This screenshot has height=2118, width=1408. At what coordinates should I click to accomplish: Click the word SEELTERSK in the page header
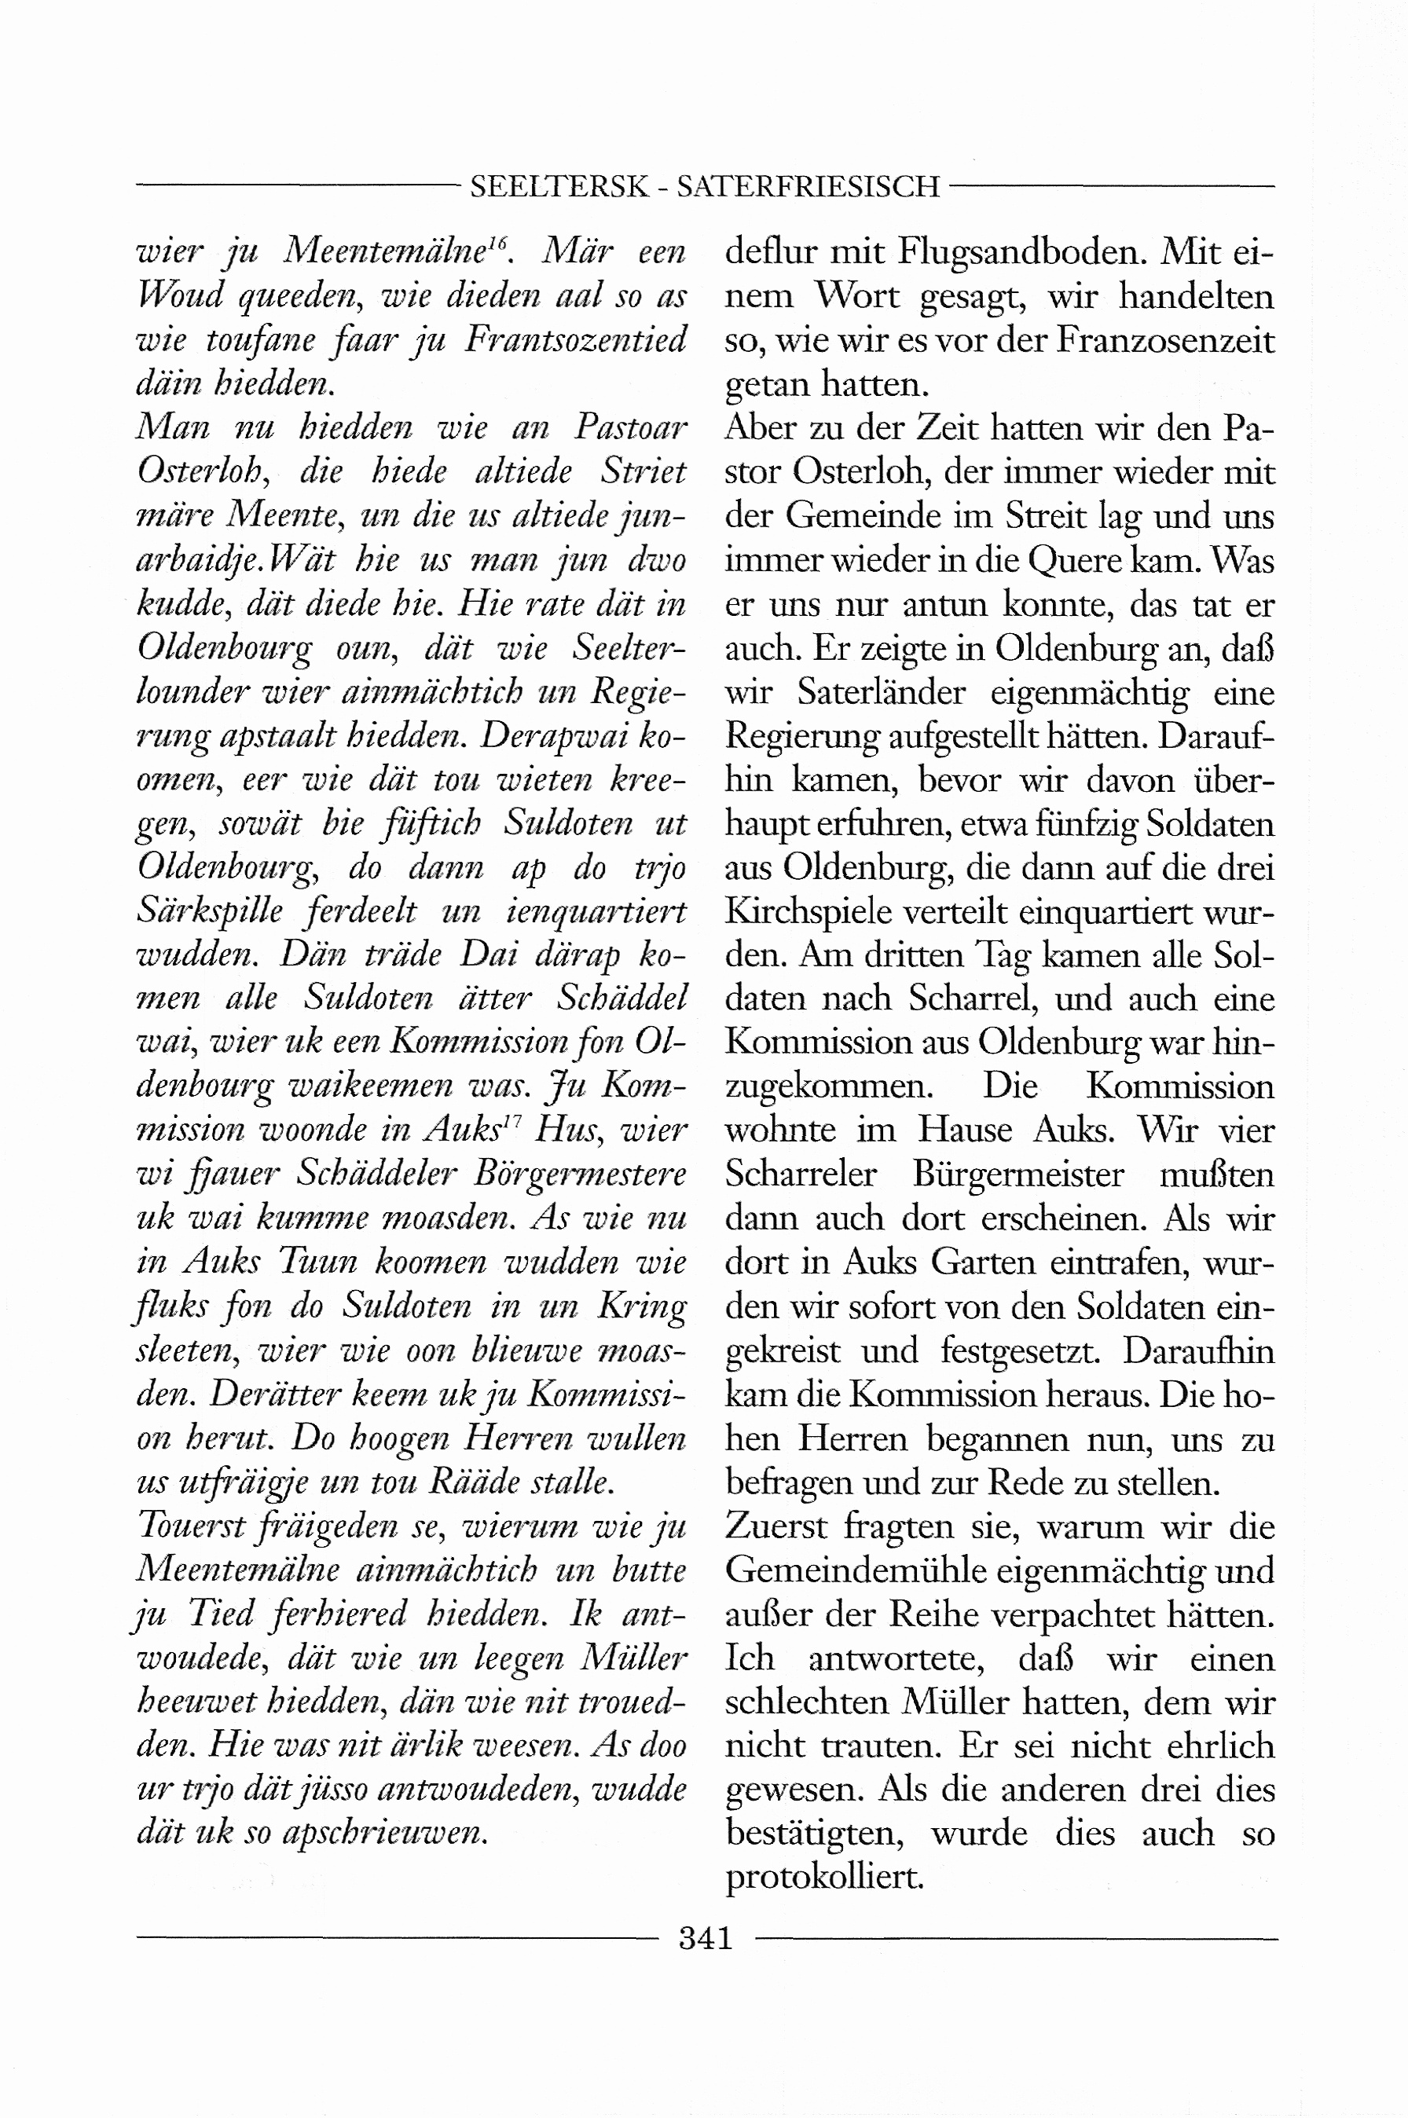[x=558, y=187]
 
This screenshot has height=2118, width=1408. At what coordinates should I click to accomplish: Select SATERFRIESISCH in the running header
[x=808, y=187]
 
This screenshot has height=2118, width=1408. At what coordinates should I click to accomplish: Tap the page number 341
[x=706, y=1938]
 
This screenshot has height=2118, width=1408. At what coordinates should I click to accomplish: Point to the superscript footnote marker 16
[x=498, y=240]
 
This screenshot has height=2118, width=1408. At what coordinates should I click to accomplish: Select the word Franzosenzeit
[x=1165, y=340]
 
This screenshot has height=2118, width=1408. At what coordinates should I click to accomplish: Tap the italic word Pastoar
[x=630, y=428]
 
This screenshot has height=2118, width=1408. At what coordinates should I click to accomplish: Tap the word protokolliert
[x=823, y=1878]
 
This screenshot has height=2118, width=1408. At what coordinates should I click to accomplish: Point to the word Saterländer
[x=881, y=692]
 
